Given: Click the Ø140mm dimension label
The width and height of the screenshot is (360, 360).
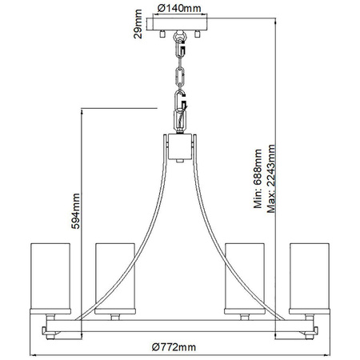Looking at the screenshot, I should click(180, 8).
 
